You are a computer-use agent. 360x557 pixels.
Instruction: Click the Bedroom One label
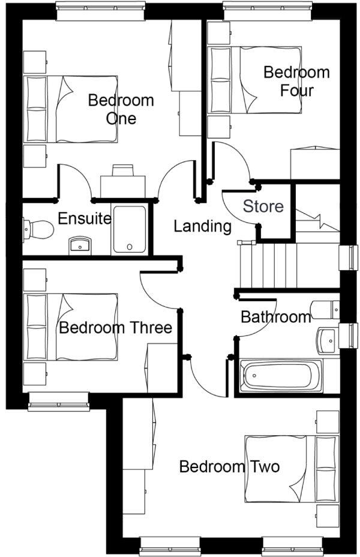(x=121, y=109)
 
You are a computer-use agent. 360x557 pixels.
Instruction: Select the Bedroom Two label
(x=229, y=466)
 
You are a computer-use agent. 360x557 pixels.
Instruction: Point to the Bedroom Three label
(x=115, y=328)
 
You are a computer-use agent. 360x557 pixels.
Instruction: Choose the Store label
(x=263, y=206)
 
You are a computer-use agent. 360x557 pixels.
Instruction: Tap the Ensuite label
(x=84, y=218)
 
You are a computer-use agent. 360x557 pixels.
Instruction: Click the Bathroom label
(x=275, y=316)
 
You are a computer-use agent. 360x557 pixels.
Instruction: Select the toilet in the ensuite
(x=36, y=229)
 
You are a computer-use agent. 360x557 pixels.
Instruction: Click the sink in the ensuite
(x=79, y=245)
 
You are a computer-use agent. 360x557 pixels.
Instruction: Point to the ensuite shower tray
(x=130, y=230)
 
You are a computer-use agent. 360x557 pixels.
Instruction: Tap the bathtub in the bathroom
(x=280, y=375)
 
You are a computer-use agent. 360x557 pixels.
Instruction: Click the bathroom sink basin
(x=328, y=340)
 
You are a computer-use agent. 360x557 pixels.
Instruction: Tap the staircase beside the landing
(x=267, y=265)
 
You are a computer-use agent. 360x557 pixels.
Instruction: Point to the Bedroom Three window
(x=58, y=401)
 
